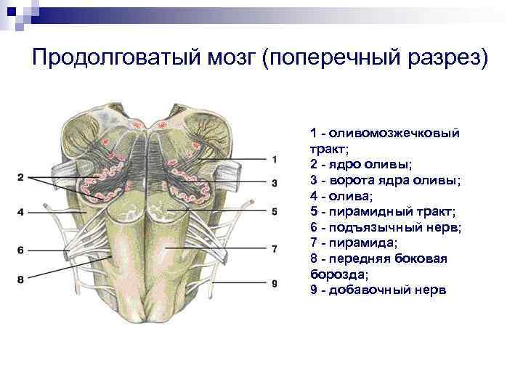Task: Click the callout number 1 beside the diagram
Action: pos(274,159)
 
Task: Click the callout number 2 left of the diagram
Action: pos(21,177)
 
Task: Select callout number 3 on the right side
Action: pos(274,183)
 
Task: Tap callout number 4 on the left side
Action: pos(21,212)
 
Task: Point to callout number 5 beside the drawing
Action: pos(274,212)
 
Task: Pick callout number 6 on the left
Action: pos(21,250)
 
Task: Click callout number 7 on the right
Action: pos(274,249)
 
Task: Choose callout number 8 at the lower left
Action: pos(21,279)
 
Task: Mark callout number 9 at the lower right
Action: pos(274,284)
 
